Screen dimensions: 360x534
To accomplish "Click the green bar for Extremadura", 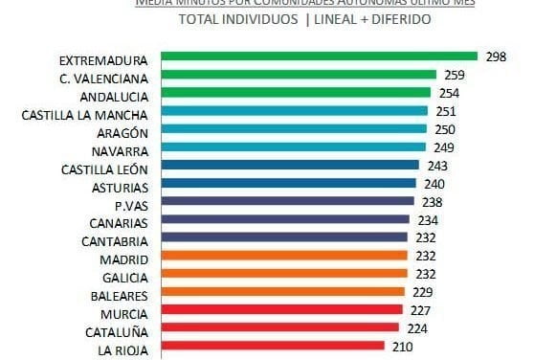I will click(318, 56).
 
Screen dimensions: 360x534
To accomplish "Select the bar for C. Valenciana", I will click(298, 75).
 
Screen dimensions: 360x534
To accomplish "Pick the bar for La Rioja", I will click(272, 347).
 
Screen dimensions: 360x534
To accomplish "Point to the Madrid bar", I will click(283, 256).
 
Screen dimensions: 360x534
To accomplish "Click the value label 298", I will click(495, 56).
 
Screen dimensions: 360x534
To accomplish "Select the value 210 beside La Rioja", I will click(403, 347).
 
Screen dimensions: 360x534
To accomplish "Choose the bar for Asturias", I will click(288, 183).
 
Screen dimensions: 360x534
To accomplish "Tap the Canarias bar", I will click(285, 219).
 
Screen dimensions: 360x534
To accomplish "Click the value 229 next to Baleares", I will click(424, 292).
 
